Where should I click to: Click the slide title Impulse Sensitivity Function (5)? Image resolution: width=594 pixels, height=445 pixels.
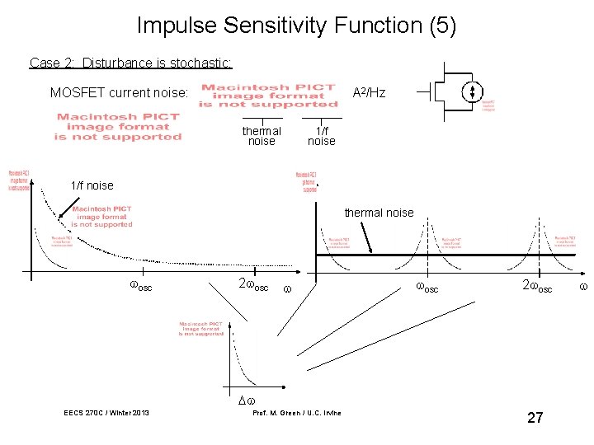point(296,26)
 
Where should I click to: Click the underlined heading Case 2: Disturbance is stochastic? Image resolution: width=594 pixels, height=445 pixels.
point(130,63)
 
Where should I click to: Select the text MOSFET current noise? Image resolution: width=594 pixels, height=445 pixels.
point(120,92)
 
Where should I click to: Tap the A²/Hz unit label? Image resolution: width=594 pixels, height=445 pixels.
point(369,92)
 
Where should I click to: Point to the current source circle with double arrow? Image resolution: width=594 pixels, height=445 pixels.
point(473,91)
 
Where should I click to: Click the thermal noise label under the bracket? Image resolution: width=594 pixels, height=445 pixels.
point(262,136)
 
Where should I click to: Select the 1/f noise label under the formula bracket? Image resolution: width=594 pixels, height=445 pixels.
point(321,136)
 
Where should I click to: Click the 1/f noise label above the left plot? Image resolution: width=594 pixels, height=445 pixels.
point(92,185)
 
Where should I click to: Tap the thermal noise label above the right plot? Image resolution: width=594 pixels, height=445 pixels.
point(379,213)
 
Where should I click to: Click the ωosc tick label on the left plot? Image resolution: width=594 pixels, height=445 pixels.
point(141,287)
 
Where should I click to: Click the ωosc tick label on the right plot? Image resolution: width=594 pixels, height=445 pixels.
point(427,287)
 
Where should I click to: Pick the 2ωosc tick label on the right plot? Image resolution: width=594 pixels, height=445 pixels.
point(536,287)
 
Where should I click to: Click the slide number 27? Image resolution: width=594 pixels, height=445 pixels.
point(535,418)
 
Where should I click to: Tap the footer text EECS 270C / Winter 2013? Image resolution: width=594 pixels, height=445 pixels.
point(106,412)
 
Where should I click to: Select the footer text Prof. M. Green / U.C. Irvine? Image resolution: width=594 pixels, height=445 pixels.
point(296,412)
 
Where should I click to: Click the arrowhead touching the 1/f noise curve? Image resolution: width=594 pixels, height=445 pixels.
point(59,219)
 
